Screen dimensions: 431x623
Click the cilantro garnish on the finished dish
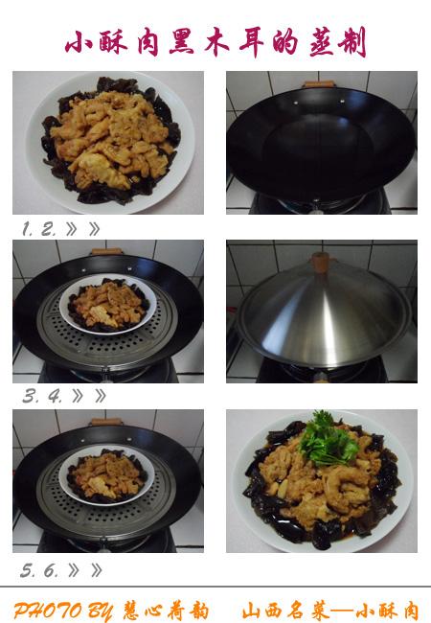(x=327, y=439)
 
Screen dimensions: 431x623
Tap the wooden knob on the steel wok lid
(x=321, y=263)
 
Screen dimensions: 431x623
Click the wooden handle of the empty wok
(x=319, y=83)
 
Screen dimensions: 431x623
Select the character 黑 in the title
(x=182, y=41)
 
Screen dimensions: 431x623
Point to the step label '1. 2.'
(x=38, y=229)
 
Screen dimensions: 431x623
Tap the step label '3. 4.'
(x=42, y=396)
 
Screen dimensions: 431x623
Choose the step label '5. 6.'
(x=39, y=570)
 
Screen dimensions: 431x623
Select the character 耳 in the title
(x=252, y=41)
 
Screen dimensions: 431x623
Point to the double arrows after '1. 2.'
(x=83, y=229)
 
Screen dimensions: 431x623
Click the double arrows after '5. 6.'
(x=85, y=570)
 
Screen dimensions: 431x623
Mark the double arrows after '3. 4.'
(x=89, y=396)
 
